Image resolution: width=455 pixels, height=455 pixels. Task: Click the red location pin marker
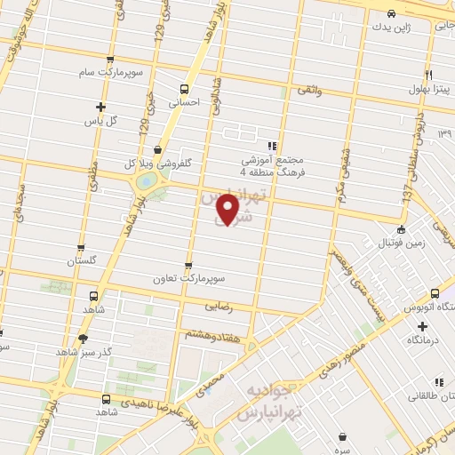[228, 209]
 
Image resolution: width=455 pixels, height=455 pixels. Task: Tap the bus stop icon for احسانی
[184, 89]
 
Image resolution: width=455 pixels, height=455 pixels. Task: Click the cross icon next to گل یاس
[100, 107]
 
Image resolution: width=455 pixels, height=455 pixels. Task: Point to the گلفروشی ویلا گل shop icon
[157, 150]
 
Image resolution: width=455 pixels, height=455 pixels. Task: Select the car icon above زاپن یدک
[392, 13]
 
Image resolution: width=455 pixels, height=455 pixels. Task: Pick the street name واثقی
[309, 91]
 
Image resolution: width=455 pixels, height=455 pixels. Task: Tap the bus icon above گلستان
[81, 249]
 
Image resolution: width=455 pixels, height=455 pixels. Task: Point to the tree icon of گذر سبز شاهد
[84, 339]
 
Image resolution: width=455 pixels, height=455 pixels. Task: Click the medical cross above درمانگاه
[422, 326]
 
